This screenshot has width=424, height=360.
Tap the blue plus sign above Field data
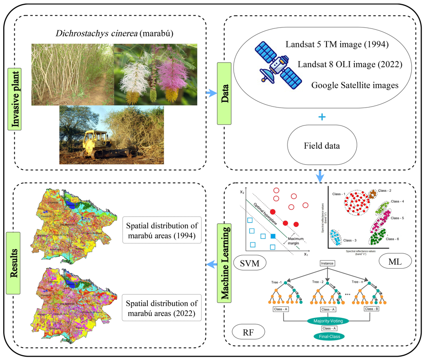click(322, 116)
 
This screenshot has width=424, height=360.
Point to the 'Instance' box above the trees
click(327, 263)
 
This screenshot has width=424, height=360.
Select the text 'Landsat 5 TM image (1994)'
click(337, 45)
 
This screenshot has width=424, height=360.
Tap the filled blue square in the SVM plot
click(272, 236)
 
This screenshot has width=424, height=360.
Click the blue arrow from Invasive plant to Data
click(211, 93)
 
